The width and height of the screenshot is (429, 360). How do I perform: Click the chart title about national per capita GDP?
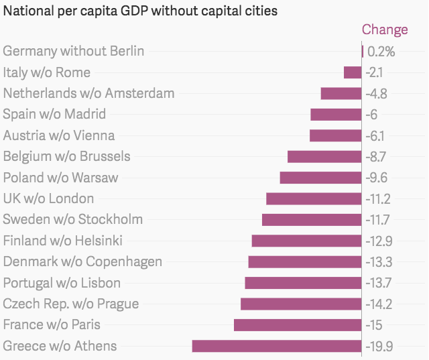[x=141, y=11]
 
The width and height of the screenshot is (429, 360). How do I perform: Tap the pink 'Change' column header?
[x=384, y=29]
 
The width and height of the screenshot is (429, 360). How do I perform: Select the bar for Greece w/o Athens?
[x=277, y=346]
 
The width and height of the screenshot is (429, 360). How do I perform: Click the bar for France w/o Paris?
[x=298, y=325]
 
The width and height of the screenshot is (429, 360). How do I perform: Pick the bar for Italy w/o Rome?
[x=353, y=72]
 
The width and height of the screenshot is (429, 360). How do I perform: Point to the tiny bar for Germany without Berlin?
[x=362, y=51]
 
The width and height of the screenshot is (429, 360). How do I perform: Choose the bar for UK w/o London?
[x=314, y=198]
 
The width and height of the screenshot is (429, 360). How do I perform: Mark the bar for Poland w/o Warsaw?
[x=320, y=178]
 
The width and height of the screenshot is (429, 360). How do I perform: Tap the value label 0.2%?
[x=381, y=52]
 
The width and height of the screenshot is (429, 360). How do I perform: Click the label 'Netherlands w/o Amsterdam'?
[x=88, y=93]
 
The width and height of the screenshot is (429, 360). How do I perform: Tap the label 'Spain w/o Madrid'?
[x=54, y=115]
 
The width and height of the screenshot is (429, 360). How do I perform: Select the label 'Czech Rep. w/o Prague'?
[x=71, y=304]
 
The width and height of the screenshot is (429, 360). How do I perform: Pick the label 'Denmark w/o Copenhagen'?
[x=82, y=261]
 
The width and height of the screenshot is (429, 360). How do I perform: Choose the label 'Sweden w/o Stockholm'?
[x=73, y=219]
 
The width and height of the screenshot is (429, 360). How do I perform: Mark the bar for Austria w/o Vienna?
[x=336, y=135]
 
